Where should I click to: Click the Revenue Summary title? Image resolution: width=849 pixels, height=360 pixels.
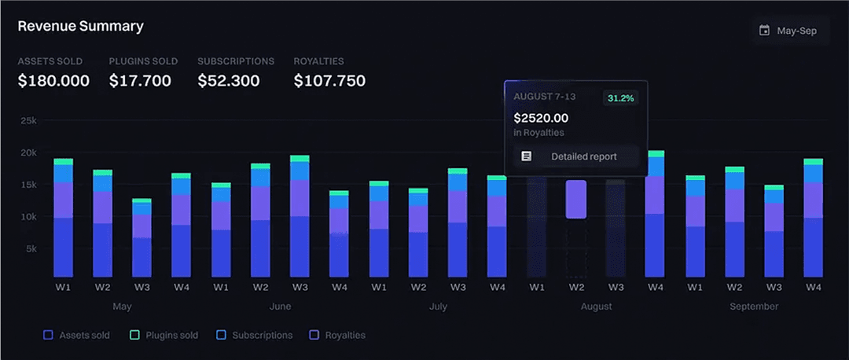pyautogui.click(x=80, y=26)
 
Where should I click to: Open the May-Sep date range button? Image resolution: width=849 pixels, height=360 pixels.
pyautogui.click(x=789, y=31)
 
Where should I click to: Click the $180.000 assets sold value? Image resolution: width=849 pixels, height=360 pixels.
pyautogui.click(x=53, y=80)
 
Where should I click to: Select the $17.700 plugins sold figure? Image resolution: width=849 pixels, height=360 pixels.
pyautogui.click(x=140, y=80)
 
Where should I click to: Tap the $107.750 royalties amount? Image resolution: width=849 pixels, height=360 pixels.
pyautogui.click(x=329, y=80)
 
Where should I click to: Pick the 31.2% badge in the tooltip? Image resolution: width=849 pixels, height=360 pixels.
pyautogui.click(x=619, y=98)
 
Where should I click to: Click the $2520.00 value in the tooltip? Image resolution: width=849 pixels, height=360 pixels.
pyautogui.click(x=541, y=118)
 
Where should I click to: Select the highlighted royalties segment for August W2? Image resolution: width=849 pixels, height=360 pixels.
pyautogui.click(x=575, y=200)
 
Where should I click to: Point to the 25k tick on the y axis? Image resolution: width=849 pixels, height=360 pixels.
pyautogui.click(x=28, y=120)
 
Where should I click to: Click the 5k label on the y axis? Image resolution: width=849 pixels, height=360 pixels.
pyautogui.click(x=30, y=248)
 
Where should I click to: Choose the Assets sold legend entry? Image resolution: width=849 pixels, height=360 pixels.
pyautogui.click(x=77, y=335)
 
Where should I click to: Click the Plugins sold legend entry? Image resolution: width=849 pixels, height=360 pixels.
pyautogui.click(x=164, y=335)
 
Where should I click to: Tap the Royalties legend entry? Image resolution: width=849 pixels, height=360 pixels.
pyautogui.click(x=336, y=335)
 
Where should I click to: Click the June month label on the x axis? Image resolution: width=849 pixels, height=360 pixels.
pyautogui.click(x=280, y=306)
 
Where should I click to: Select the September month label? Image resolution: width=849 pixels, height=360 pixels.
pyautogui.click(x=753, y=306)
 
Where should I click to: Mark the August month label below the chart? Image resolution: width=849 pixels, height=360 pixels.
pyautogui.click(x=596, y=306)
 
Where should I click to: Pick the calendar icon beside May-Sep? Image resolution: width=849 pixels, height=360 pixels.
pyautogui.click(x=764, y=31)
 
